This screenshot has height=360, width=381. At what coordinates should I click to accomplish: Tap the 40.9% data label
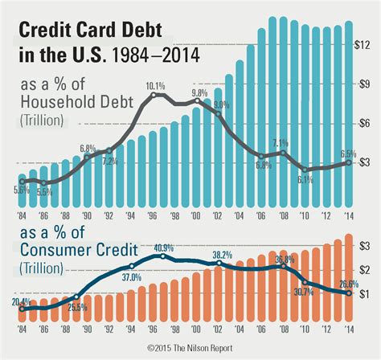(x=163, y=247)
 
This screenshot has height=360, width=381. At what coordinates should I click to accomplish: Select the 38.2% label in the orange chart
(x=222, y=255)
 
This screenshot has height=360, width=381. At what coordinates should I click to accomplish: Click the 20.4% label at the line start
(x=21, y=302)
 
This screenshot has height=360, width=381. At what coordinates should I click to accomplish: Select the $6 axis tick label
(x=366, y=122)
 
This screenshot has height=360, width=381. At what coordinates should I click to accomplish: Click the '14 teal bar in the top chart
(x=348, y=112)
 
